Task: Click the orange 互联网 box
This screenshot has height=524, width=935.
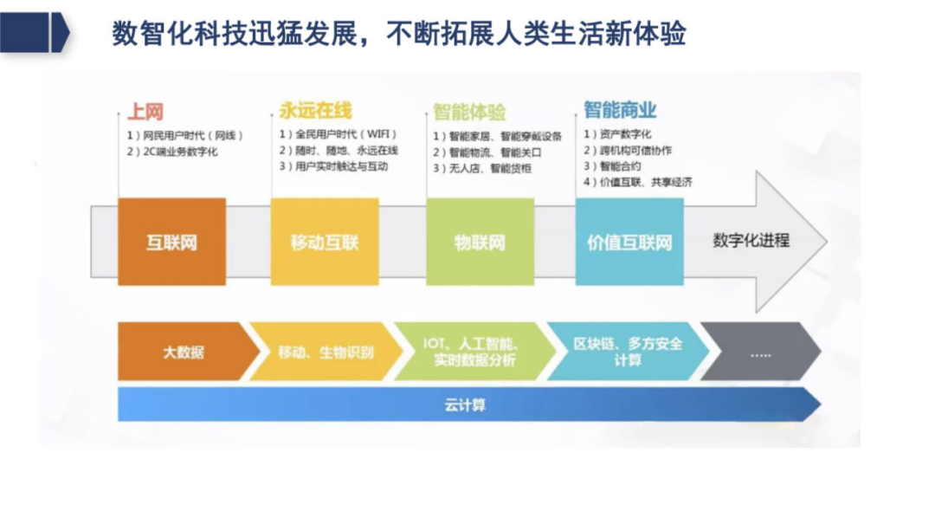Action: point(171,242)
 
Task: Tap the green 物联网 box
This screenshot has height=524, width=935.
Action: point(480,242)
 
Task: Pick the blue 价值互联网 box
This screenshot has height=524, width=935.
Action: point(629,242)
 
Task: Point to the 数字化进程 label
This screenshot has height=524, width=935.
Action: point(751,240)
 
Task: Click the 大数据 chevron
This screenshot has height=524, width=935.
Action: point(184,353)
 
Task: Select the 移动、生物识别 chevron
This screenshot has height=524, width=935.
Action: point(326,353)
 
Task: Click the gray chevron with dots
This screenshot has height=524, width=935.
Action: point(760,353)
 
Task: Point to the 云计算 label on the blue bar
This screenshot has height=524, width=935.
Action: point(465,404)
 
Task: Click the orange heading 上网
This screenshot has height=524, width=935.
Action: point(145,112)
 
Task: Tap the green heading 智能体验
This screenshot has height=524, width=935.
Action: point(469,113)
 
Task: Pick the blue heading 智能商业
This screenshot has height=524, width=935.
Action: point(619,110)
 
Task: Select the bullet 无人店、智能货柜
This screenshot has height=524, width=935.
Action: point(482,168)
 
